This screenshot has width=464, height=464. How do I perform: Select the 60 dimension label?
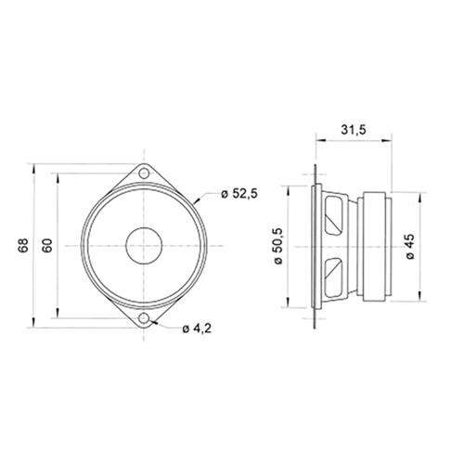click(x=46, y=246)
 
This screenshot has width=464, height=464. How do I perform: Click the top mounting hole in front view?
click(x=145, y=173)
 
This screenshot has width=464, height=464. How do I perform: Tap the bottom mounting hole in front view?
click(x=145, y=318)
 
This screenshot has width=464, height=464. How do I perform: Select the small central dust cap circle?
click(x=145, y=246)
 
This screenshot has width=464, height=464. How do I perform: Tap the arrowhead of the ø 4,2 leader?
click(x=153, y=321)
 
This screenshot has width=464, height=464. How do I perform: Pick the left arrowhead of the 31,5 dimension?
click(x=318, y=142)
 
